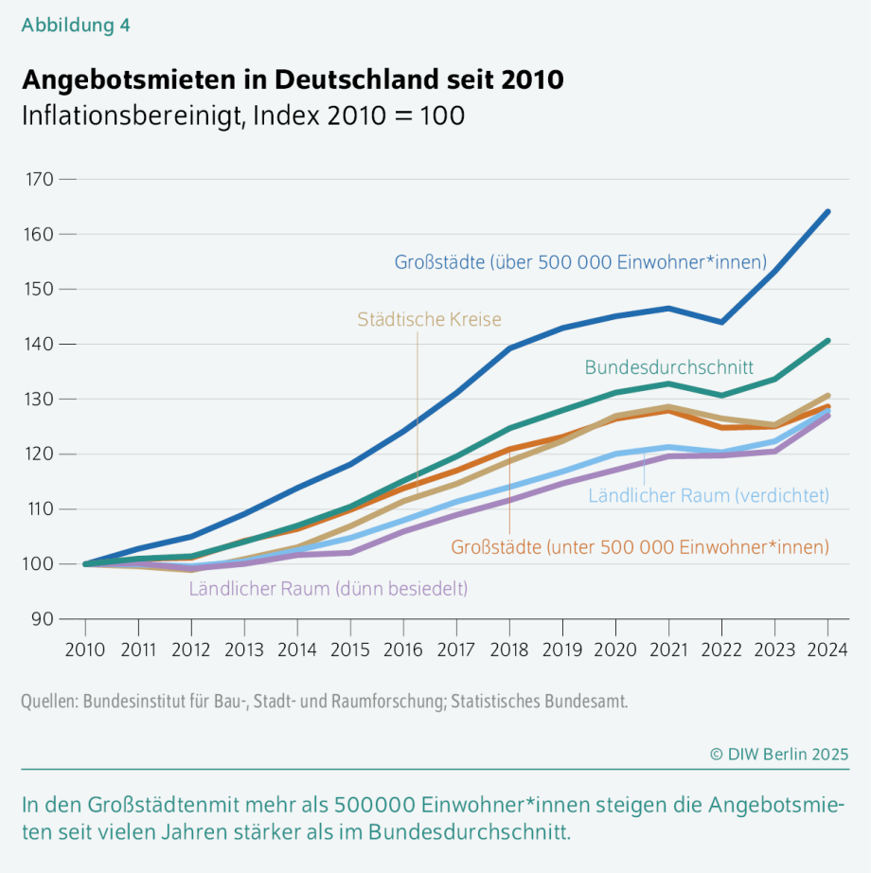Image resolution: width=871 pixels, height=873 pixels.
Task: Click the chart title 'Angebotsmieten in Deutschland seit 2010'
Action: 293,80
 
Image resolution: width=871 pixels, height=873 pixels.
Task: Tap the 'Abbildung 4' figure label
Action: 76,26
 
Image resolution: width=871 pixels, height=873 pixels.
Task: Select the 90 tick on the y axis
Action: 41,619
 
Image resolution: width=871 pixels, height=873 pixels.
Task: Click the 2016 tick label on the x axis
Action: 403,650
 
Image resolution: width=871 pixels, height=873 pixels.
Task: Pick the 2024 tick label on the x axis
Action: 827,650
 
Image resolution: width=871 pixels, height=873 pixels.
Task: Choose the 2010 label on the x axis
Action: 85,650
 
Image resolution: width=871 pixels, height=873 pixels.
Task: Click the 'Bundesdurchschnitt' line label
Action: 668,367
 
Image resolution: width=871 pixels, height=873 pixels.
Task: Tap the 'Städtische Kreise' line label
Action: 429,320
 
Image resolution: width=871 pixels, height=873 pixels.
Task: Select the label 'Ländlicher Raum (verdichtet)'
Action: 708,494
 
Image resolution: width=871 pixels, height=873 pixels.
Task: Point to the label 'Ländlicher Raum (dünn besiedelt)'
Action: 329,588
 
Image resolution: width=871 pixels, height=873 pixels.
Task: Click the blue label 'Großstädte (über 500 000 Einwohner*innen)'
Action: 580,262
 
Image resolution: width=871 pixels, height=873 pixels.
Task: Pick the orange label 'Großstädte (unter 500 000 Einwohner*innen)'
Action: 640,547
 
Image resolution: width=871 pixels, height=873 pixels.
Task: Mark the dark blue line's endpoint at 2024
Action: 828,211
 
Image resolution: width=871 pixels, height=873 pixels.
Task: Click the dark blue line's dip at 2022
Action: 722,322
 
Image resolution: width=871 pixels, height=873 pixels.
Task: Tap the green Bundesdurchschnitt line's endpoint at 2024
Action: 828,340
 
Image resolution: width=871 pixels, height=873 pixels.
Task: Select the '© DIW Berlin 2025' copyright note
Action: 779,754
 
